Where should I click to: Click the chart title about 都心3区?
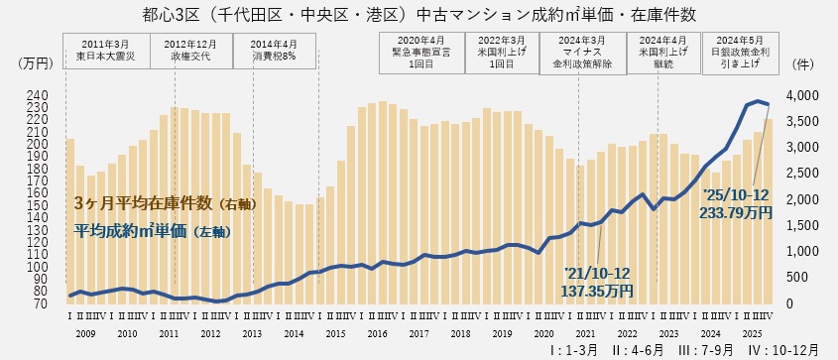(418, 15)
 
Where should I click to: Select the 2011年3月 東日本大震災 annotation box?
(106, 51)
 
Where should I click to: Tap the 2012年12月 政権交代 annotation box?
(191, 51)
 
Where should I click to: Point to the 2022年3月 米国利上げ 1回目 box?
(502, 51)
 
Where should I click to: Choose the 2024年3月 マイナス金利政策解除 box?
(582, 51)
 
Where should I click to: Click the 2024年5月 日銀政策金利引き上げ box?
(739, 51)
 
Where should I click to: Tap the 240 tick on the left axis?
(38, 96)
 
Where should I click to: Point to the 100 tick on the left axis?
(38, 267)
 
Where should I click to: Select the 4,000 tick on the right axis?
(802, 96)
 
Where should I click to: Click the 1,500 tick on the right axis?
(802, 225)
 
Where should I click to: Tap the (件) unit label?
(804, 62)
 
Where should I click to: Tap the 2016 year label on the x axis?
(377, 334)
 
